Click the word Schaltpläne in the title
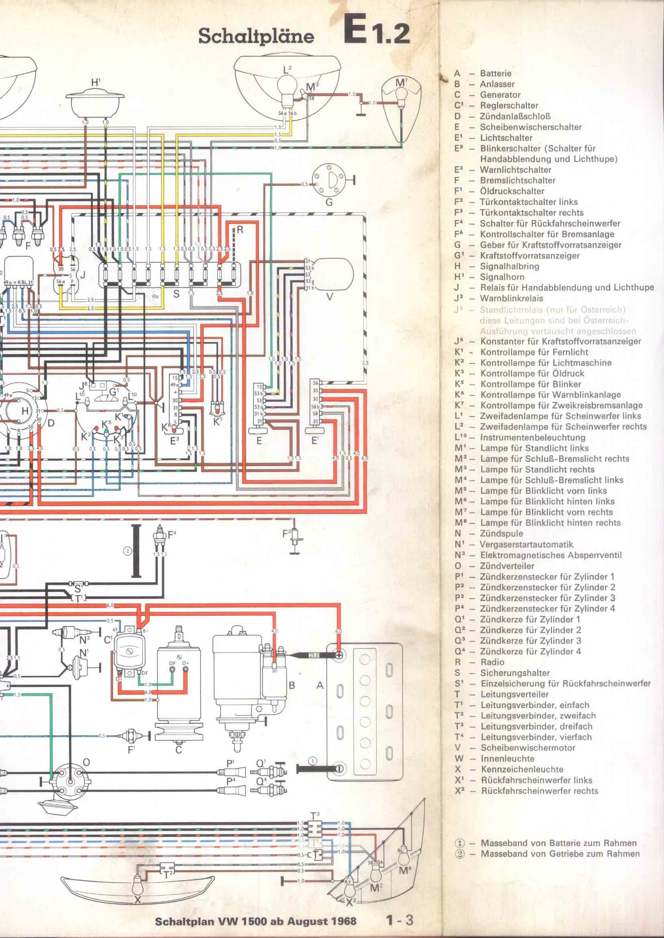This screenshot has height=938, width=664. pos(256,36)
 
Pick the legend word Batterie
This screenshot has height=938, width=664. pos(495,73)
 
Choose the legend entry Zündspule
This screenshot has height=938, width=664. pos(501,533)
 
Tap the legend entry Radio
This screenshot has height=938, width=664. pos(492,662)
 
